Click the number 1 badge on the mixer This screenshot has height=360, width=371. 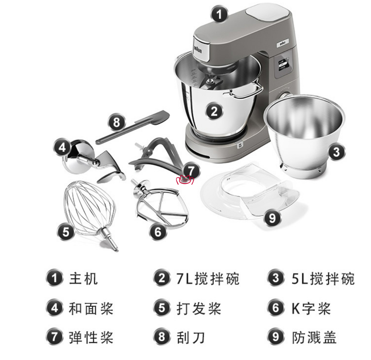(x=219, y=14)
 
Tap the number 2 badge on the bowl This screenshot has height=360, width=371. (x=214, y=111)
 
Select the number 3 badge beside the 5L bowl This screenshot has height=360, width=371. (x=336, y=152)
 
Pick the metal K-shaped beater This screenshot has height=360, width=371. (x=161, y=203)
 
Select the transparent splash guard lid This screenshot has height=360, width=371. (x=248, y=192)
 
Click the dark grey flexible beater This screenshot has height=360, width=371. (x=156, y=156)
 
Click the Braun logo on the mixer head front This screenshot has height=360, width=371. (x=198, y=50)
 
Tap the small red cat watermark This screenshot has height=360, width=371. (x=185, y=180)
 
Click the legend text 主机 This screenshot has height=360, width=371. (x=83, y=278)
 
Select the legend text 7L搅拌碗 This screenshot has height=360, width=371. (x=208, y=278)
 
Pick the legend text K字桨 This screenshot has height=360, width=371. (x=311, y=308)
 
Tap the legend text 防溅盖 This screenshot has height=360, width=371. (x=314, y=337)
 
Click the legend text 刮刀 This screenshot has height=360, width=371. (x=191, y=337)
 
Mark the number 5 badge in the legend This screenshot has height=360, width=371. (x=162, y=308)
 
